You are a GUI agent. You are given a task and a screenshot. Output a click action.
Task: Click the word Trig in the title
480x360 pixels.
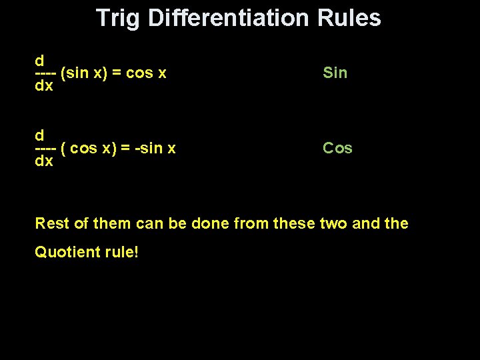(x=118, y=18)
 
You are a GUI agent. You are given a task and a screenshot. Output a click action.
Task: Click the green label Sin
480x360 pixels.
(x=335, y=73)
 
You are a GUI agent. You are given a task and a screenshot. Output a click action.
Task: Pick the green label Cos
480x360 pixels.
(x=337, y=148)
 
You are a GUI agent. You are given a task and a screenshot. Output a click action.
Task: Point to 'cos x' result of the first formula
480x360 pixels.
(x=146, y=73)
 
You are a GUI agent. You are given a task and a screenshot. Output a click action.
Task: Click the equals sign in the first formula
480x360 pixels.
(x=117, y=73)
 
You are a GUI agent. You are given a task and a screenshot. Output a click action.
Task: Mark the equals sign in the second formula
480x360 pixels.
(x=126, y=148)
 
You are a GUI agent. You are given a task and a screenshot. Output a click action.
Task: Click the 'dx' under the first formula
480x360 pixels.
(x=44, y=87)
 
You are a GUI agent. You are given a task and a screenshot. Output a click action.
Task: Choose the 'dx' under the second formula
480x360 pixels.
(x=44, y=161)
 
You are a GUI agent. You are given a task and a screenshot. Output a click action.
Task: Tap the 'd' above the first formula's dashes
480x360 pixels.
(x=39, y=60)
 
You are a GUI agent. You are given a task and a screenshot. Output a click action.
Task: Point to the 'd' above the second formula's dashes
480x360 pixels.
(x=39, y=135)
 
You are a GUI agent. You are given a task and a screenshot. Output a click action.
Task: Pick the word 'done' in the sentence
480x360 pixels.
(x=212, y=223)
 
